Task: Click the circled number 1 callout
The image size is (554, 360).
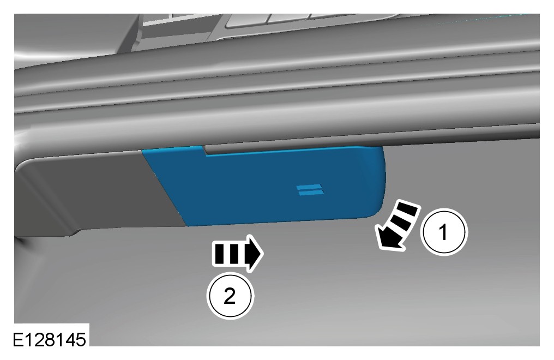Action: coord(444,232)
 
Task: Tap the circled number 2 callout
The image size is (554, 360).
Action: coord(230,295)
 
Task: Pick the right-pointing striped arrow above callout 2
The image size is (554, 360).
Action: coord(237,254)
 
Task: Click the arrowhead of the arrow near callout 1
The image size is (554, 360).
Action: coord(389,240)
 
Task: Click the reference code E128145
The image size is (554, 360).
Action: coord(50,339)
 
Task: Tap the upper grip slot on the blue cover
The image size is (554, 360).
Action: coord(309,187)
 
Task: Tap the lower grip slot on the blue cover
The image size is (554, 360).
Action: coord(311,193)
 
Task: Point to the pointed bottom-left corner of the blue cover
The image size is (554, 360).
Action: coord(186,225)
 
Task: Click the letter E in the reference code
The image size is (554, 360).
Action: coord(19,340)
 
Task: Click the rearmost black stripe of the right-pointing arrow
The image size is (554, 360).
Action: coord(219,253)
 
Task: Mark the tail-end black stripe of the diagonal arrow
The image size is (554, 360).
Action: coord(408,209)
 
